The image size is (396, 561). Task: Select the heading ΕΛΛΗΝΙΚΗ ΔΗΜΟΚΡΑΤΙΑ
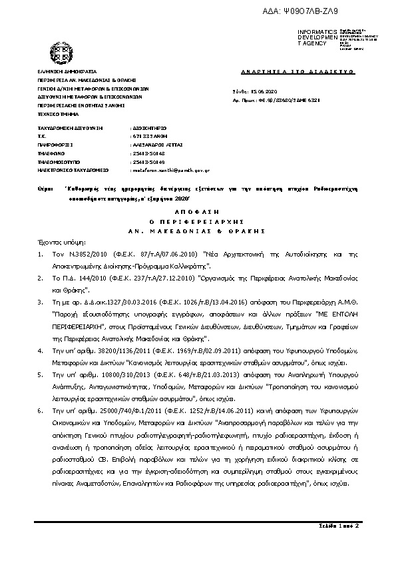point(67,70)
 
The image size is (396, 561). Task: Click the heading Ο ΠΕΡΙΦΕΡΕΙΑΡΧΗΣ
point(197,220)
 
